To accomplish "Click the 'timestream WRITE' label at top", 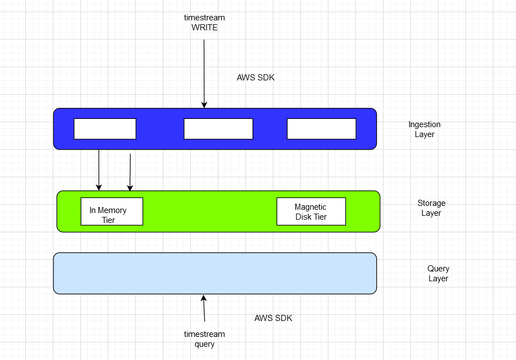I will click(x=204, y=23).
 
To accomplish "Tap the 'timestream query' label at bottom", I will click(x=204, y=339).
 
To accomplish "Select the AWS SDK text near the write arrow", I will click(x=255, y=78).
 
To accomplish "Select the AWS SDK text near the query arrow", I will click(x=273, y=318).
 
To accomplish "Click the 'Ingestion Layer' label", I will click(x=424, y=129).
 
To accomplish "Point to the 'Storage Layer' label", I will click(x=431, y=208).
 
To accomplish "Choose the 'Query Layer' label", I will click(x=438, y=274).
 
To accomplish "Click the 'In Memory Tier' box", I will click(x=112, y=211).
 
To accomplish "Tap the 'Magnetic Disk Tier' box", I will click(x=311, y=211).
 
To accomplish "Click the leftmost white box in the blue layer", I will click(x=105, y=129).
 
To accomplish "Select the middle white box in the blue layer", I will click(x=218, y=129).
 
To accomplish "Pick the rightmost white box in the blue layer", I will click(x=321, y=129).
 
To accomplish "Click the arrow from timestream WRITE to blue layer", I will click(x=204, y=72).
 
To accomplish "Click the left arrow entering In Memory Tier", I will click(x=99, y=170).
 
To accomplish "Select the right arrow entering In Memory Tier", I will click(x=130, y=172).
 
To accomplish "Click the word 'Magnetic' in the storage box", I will click(x=310, y=207).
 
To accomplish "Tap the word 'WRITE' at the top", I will click(x=204, y=28).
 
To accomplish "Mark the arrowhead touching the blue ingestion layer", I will click(x=204, y=105).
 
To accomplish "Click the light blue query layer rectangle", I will click(x=215, y=273).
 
